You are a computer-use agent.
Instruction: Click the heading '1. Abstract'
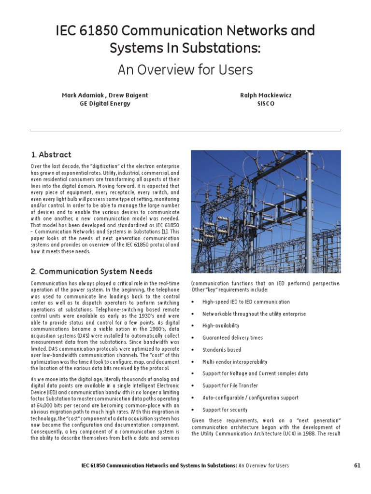point(51,155)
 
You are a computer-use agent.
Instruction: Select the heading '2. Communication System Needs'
point(91,271)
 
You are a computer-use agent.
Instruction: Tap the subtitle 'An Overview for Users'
point(185,70)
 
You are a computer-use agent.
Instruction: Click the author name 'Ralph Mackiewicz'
point(266,96)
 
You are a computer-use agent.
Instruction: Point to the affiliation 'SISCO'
point(266,104)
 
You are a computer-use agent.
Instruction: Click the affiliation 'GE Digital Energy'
point(105,104)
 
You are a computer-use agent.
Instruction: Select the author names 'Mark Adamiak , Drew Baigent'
point(105,96)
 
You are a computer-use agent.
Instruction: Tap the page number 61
point(357,466)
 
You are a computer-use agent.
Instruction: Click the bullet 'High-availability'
point(221,326)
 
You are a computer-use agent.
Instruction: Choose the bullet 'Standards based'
point(222,350)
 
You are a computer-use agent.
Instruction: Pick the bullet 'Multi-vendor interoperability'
point(235,362)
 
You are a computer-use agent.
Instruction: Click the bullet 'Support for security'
point(225,410)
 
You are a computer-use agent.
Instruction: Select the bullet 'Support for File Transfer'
point(230,385)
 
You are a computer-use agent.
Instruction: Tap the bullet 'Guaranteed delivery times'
point(233,338)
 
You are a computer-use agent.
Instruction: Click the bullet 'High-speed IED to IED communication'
point(246,302)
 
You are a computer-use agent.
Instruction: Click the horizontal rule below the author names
point(185,131)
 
